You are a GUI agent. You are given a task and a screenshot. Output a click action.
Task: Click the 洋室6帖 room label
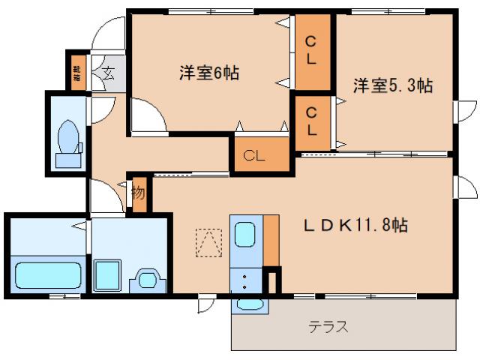point(208,73)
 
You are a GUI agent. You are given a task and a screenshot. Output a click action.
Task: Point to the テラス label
point(328,327)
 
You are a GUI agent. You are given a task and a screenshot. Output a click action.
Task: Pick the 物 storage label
point(139,192)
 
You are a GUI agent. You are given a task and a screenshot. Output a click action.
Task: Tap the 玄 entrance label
point(109,73)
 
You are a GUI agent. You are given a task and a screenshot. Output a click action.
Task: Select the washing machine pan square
point(109,275)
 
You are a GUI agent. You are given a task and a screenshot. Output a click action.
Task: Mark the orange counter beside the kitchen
point(271,240)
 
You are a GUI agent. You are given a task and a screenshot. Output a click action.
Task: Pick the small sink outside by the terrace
point(250,304)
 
